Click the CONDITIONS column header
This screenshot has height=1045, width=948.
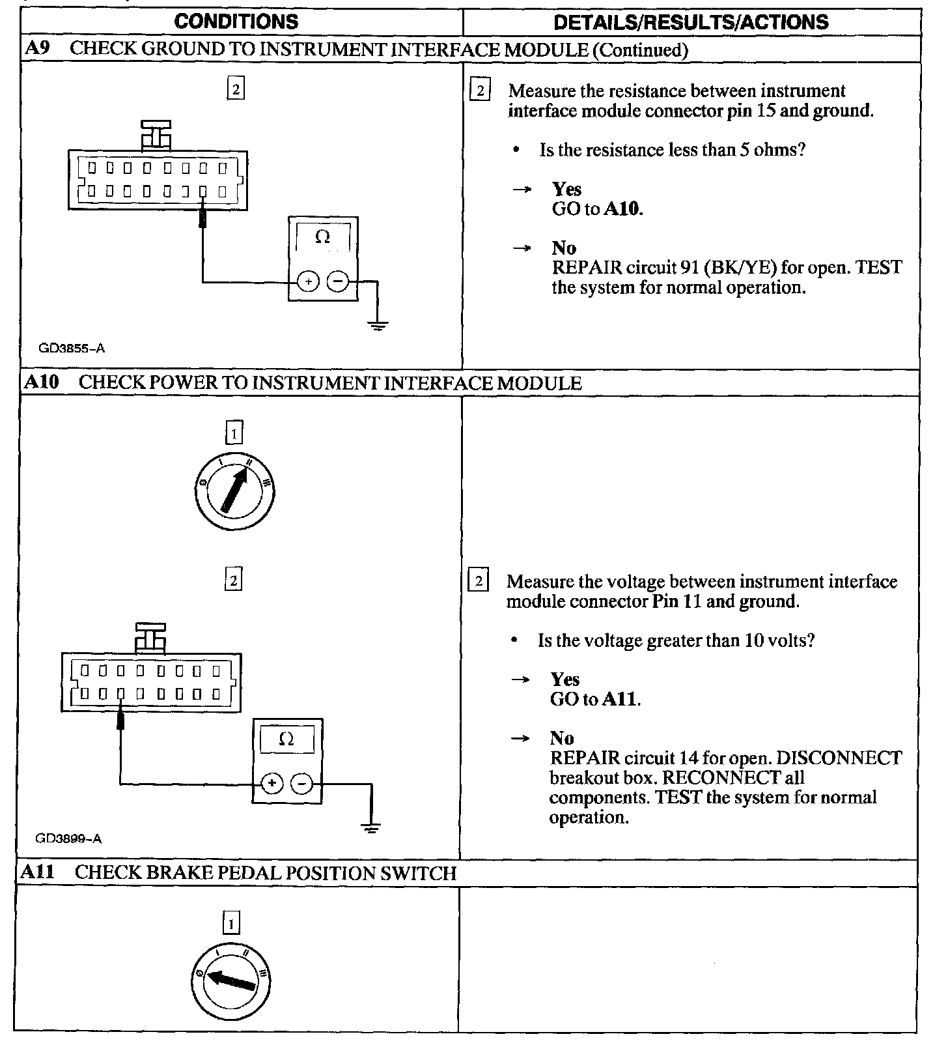(x=236, y=21)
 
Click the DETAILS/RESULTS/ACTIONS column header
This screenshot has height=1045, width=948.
(x=690, y=22)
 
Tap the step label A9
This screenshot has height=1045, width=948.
(x=36, y=50)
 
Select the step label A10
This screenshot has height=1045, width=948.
(x=41, y=382)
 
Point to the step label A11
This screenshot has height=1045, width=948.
(x=38, y=872)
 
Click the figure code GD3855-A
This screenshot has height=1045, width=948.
(x=72, y=348)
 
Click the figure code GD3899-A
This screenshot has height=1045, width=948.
(x=68, y=838)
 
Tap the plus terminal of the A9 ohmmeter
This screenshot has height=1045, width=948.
(x=307, y=282)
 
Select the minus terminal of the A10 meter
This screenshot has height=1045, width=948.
(x=301, y=783)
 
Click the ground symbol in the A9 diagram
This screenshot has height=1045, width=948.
(x=376, y=324)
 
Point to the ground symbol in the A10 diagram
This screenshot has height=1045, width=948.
(x=371, y=828)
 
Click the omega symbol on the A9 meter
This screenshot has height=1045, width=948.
(x=322, y=237)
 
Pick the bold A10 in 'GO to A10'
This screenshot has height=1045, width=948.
(x=622, y=209)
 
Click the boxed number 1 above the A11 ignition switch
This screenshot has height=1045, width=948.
(x=231, y=924)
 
